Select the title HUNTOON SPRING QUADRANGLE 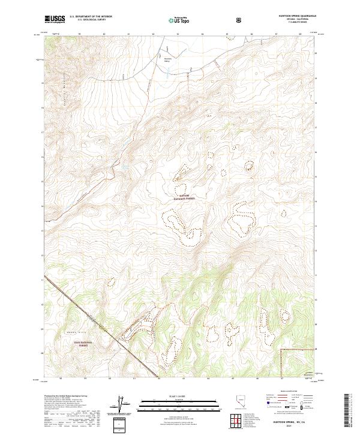coord(293,16)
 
